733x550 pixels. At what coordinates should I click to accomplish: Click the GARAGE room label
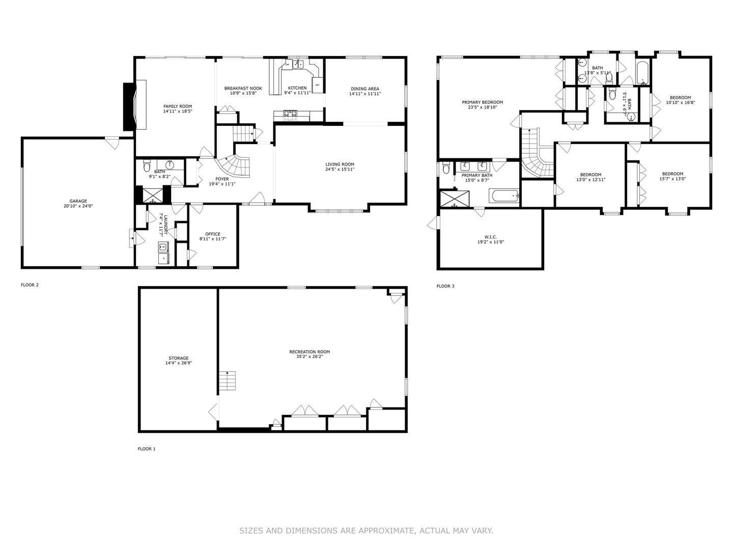[x=78, y=201]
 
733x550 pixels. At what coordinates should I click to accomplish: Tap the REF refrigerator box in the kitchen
[x=318, y=85]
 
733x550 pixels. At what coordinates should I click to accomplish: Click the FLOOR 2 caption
[x=30, y=285]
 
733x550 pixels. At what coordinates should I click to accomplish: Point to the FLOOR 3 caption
[x=445, y=286]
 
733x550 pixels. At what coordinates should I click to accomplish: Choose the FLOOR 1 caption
[x=147, y=449]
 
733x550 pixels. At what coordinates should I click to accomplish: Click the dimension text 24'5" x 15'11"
[x=340, y=170]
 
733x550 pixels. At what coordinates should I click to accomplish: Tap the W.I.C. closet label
[x=491, y=237]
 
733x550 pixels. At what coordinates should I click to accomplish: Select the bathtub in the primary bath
[x=504, y=196]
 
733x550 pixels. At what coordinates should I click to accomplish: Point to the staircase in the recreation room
[x=228, y=380]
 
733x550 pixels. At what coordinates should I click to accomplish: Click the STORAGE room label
[x=179, y=358]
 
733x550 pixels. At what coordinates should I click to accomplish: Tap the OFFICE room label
[x=213, y=234]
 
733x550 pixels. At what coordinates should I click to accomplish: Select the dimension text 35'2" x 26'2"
[x=309, y=357]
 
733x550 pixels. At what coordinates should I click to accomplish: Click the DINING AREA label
[x=365, y=89]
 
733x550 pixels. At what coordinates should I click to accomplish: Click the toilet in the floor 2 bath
[x=147, y=166]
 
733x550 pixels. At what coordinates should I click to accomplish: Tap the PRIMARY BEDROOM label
[x=482, y=102]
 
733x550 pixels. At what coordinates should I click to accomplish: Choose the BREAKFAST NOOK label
[x=243, y=88]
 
